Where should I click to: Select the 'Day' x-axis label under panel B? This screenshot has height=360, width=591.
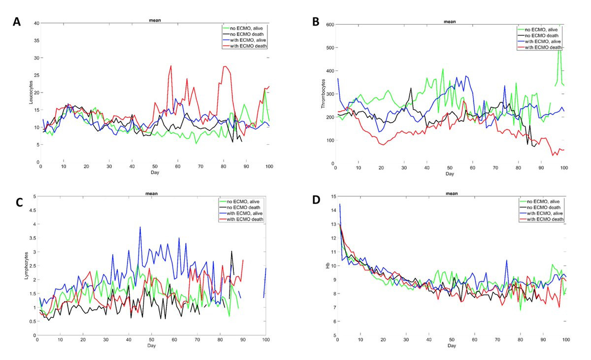click(x=450, y=174)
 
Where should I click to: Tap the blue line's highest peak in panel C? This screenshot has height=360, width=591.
click(x=140, y=228)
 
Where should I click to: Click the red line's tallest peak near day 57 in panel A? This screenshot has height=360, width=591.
click(x=171, y=65)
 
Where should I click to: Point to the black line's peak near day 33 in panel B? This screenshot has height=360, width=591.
click(x=411, y=89)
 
